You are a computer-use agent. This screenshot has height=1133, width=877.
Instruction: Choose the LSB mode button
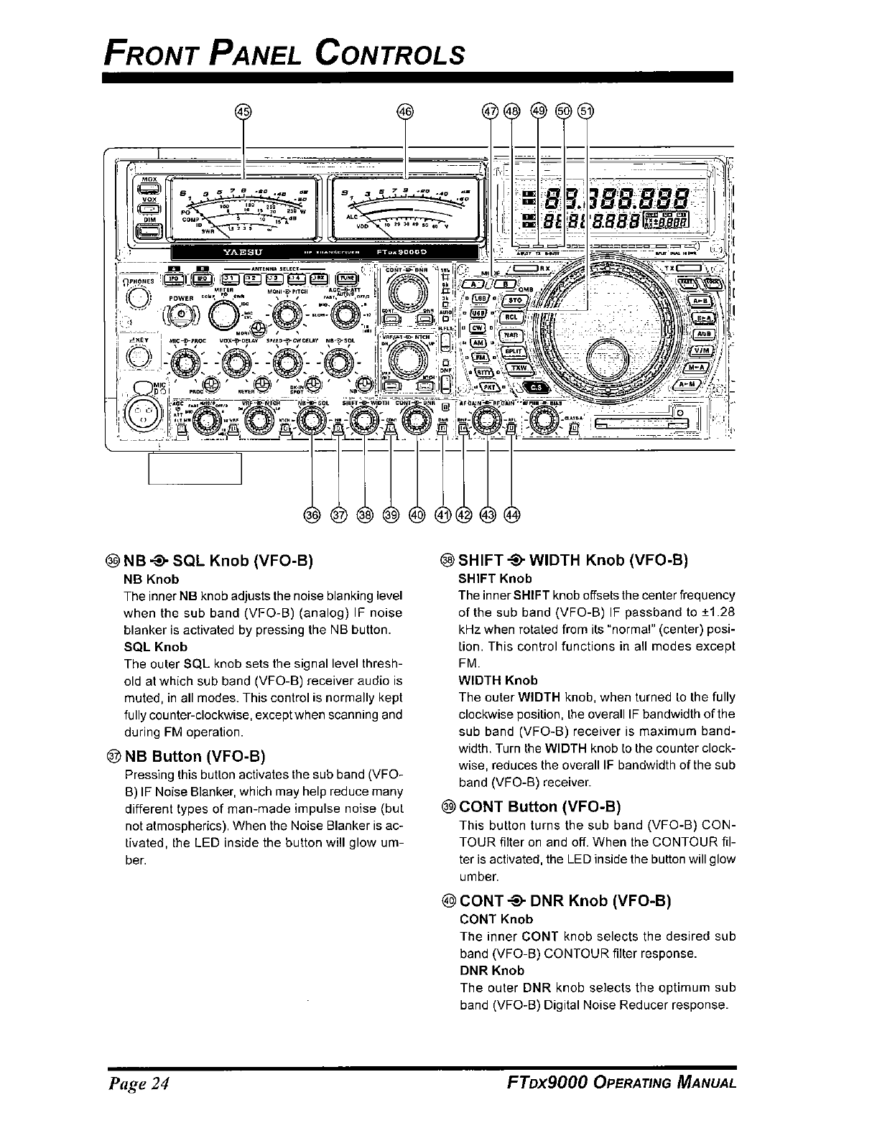(x=481, y=298)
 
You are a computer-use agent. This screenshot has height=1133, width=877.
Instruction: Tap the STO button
(x=513, y=300)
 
